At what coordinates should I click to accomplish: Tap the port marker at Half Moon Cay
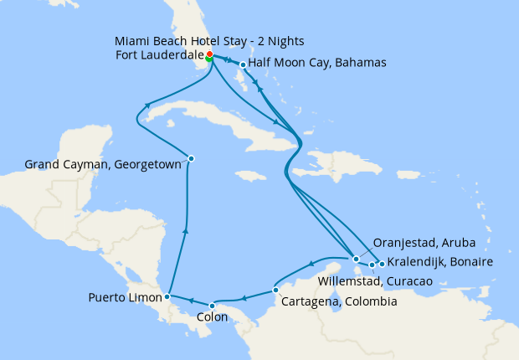[243, 64]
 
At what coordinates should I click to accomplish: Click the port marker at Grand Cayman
[191, 158]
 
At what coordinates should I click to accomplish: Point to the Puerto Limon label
[126, 297]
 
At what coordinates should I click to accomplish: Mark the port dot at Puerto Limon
[168, 296]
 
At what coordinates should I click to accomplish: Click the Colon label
[211, 318]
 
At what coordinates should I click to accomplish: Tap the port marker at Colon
[212, 305]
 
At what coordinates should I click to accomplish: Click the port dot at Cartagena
[275, 291]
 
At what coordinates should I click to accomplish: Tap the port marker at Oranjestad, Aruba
[357, 259]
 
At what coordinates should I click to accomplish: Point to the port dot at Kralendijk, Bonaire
[382, 265]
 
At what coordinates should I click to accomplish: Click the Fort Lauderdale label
[158, 56]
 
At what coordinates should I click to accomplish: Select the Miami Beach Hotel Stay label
[208, 41]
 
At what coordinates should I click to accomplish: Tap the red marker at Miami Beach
[209, 54]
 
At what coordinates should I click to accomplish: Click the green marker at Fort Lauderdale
[208, 59]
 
